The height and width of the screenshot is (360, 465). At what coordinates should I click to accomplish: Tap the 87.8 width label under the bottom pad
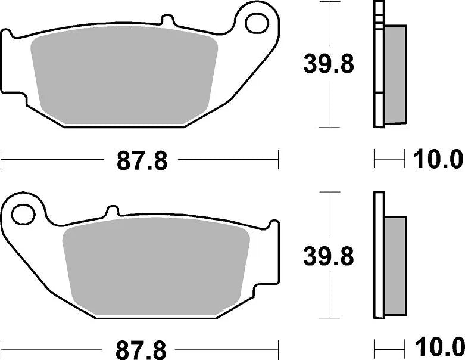142,346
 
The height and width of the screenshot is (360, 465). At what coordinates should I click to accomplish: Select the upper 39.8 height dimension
329,64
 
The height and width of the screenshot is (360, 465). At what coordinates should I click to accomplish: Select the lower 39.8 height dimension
329,257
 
